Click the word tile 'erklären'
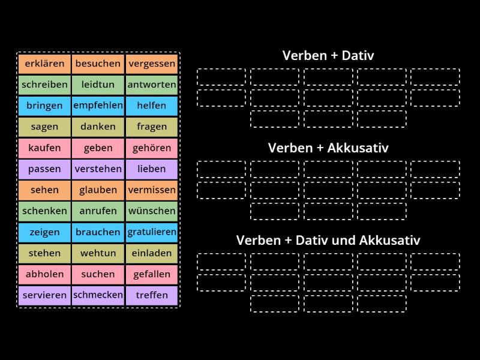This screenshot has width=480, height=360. coord(44,64)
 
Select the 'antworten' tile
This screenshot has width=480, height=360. coord(152,85)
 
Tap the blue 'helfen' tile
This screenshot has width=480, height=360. coord(152,106)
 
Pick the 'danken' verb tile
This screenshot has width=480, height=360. coord(98,127)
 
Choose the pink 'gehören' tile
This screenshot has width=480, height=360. coord(152,148)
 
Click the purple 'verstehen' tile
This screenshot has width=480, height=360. coord(98,169)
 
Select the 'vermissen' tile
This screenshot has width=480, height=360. coord(152,190)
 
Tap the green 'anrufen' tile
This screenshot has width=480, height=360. coord(98,211)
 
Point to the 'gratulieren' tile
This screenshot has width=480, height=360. coord(152,232)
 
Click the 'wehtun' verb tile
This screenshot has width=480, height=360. coord(98,253)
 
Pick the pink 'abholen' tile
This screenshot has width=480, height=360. coord(44,274)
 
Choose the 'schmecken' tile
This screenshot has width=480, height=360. coord(98,295)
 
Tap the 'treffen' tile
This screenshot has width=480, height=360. coord(152,295)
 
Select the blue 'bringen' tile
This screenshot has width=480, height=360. coord(44,106)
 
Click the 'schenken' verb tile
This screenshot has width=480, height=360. coord(44,211)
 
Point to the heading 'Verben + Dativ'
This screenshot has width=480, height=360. coord(328,56)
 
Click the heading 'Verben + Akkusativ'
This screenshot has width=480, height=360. coord(328,148)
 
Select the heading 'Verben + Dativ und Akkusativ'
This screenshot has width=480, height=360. coord(328,240)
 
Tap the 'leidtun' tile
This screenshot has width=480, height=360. coord(98,85)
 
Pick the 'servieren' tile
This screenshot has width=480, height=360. coord(44,295)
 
